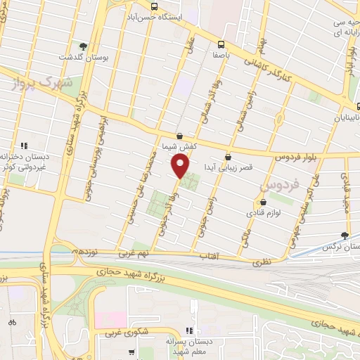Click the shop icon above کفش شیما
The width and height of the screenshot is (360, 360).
click(179, 136)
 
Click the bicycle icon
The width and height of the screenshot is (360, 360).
click(12, 322)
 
